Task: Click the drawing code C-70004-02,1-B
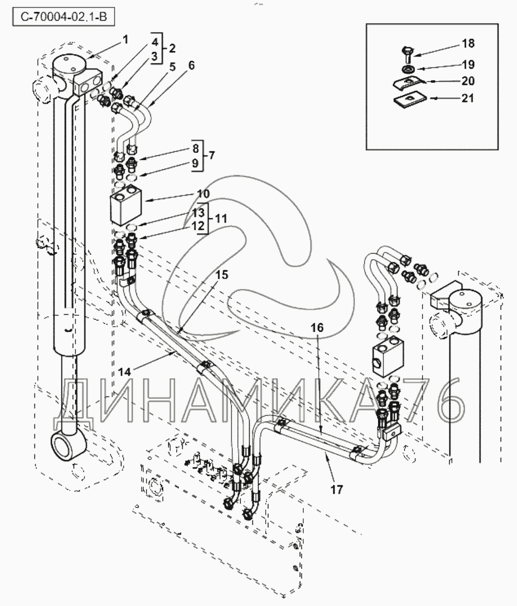(x=64, y=17)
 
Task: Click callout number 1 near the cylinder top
(x=125, y=39)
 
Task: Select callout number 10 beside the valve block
(x=203, y=193)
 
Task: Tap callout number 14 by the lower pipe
(x=125, y=372)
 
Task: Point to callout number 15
(x=222, y=275)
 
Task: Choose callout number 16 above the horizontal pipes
(x=317, y=328)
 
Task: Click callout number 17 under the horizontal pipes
(x=337, y=490)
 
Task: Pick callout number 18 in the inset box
(x=468, y=43)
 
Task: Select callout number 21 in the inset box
(x=468, y=98)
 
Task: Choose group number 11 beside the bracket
(x=220, y=219)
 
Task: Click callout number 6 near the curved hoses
(x=191, y=65)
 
